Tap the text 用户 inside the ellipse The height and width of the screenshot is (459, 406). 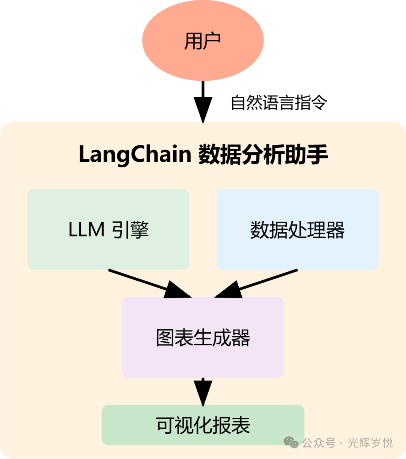pyautogui.click(x=202, y=41)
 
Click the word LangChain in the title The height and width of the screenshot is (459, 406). pyautogui.click(x=135, y=154)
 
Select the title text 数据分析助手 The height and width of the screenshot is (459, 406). pyautogui.click(x=263, y=154)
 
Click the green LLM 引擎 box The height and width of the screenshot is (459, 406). pyautogui.click(x=108, y=251)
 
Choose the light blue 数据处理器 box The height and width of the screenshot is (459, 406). pyautogui.click(x=297, y=248)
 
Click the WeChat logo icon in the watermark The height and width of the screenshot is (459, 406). pyautogui.click(x=291, y=442)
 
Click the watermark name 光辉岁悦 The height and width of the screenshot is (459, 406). pyautogui.click(x=370, y=443)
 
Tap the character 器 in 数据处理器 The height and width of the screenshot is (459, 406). pyautogui.click(x=335, y=230)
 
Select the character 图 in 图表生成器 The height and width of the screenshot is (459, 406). pyautogui.click(x=165, y=338)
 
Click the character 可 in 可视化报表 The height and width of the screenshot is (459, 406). pyautogui.click(x=165, y=425)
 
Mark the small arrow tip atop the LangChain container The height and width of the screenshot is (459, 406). pyautogui.click(x=203, y=123)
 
